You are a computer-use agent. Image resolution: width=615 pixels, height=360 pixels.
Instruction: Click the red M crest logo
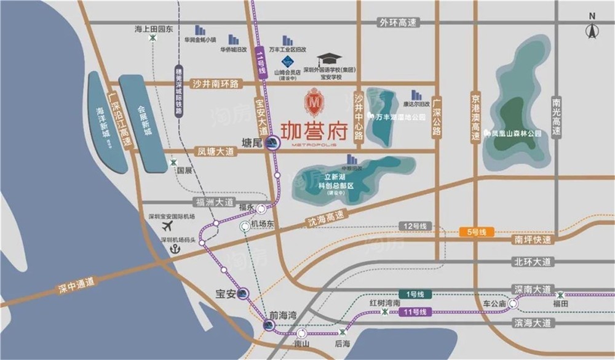pyautogui.click(x=314, y=102)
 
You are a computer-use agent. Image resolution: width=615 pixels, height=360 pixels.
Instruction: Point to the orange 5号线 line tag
pyautogui.click(x=477, y=232)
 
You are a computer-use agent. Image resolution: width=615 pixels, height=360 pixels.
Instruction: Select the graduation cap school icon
pyautogui.click(x=333, y=58)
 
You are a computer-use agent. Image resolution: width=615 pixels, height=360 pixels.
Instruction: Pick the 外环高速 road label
pyautogui.click(x=398, y=23)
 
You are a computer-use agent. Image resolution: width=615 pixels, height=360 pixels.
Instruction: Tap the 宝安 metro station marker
pyautogui.click(x=244, y=294)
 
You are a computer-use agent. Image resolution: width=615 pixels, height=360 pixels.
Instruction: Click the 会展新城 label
pyautogui.click(x=145, y=118)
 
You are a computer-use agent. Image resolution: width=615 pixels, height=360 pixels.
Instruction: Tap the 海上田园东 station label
pyautogui.click(x=154, y=28)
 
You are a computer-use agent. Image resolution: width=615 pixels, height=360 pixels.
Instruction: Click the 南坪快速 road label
pyautogui.click(x=532, y=240)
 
